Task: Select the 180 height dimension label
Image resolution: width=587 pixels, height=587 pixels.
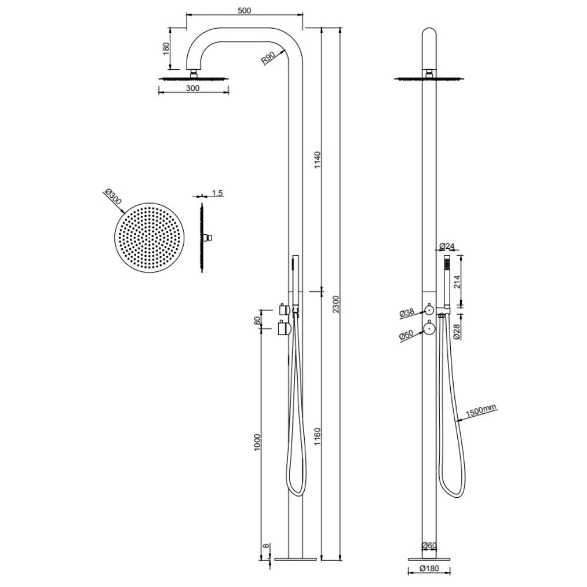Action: click(166, 47)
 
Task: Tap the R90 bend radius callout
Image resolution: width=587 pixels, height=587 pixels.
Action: click(269, 58)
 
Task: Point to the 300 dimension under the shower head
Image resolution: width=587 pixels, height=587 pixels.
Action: click(193, 88)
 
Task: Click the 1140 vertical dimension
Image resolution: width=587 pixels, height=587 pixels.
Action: click(317, 161)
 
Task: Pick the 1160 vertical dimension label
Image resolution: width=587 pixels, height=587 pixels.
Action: click(317, 437)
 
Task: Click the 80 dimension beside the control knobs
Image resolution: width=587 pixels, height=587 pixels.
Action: click(257, 322)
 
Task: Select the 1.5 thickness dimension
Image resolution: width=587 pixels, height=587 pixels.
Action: click(217, 193)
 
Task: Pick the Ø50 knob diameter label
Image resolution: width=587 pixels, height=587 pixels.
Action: click(407, 336)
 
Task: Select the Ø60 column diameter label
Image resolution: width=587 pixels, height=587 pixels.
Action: click(430, 546)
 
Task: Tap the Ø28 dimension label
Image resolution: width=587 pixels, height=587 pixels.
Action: click(456, 330)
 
